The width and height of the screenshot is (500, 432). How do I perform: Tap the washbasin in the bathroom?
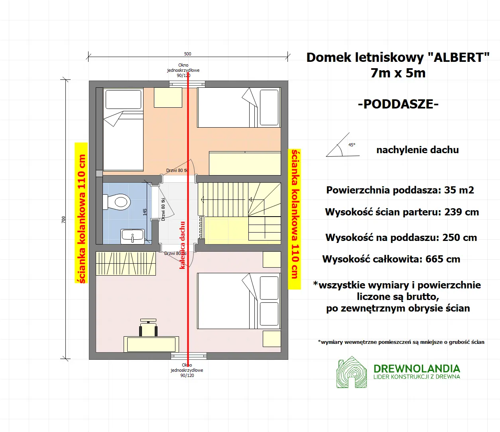pos(132,236)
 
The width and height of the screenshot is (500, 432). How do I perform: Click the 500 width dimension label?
pos(187,54)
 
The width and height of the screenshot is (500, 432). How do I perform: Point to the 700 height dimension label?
pos(63,219)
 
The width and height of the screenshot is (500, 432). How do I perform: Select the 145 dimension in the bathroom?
pos(145,212)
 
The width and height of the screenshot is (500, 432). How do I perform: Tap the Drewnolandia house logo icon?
pos(351,372)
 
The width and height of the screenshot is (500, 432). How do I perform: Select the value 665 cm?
pos(443,259)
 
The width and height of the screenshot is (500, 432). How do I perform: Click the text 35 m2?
pos(459,190)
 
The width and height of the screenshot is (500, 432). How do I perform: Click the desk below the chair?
pos(151,344)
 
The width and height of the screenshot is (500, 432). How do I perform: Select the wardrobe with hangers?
pos(126,264)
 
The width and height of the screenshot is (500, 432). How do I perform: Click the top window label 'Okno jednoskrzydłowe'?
pos(183,70)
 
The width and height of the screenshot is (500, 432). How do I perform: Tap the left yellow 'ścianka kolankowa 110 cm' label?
pos(81,213)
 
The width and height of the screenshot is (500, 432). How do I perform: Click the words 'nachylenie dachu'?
pos(417,150)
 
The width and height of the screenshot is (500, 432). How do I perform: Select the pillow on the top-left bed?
pos(123,99)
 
